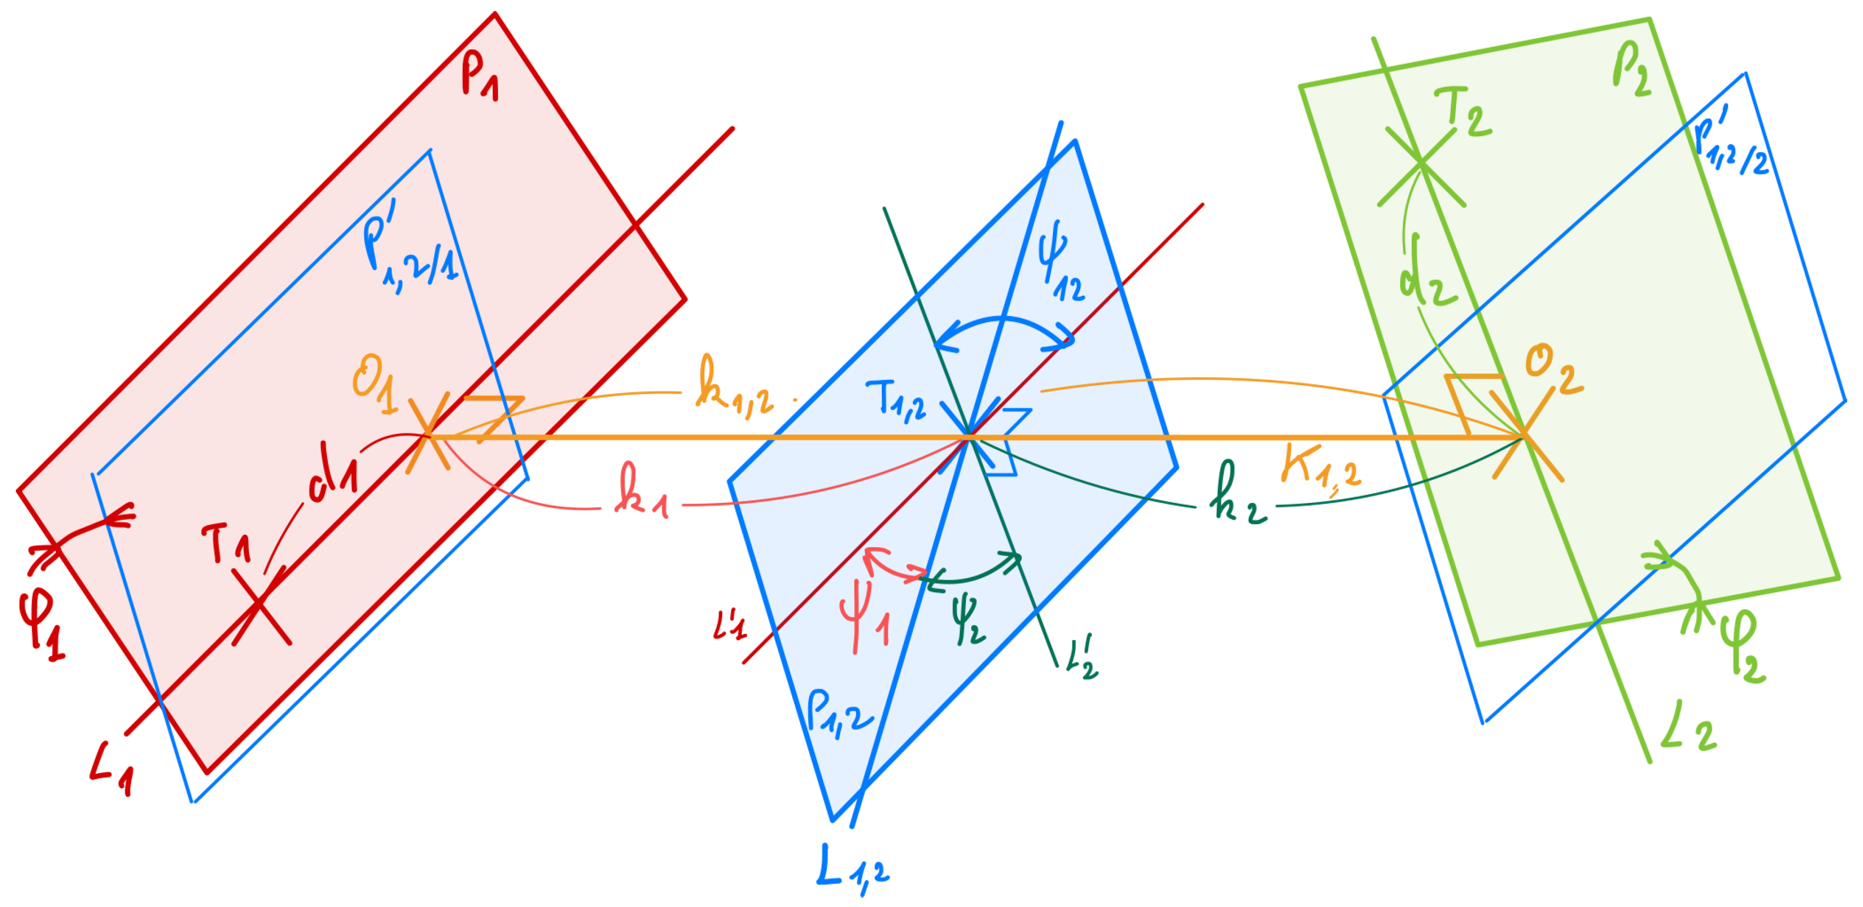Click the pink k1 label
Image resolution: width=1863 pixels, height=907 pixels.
[641, 491]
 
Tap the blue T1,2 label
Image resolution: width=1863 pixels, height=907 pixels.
[895, 398]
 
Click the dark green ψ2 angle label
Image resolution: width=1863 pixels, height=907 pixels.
[968, 619]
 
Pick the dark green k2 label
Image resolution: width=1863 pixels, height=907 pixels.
[1238, 495]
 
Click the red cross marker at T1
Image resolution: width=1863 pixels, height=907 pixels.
[261, 606]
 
